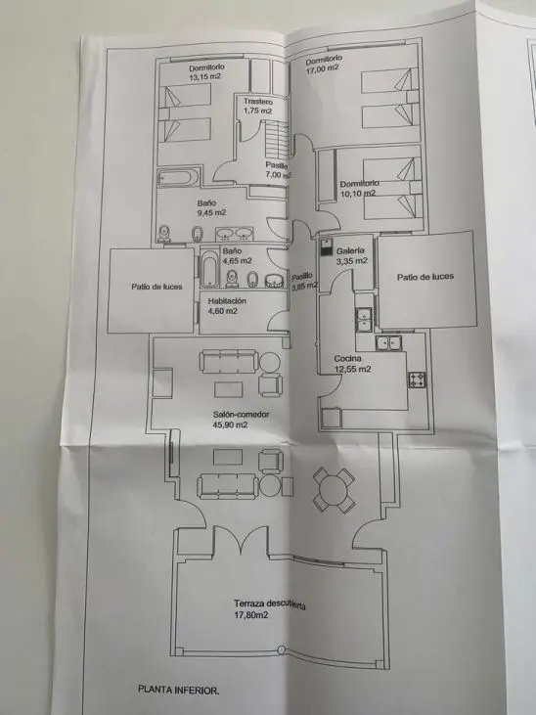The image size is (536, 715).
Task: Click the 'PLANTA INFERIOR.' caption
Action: [x=178, y=690]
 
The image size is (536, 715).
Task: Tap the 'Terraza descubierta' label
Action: [x=270, y=603]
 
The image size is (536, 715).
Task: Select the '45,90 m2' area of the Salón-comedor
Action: [x=231, y=425]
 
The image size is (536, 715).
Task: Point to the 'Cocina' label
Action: [x=347, y=358]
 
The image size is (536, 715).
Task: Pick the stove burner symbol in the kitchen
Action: [x=417, y=380]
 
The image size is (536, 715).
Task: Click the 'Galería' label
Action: [x=350, y=250]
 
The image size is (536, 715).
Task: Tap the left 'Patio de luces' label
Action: [x=156, y=287]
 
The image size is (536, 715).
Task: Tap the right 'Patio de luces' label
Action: [x=425, y=277]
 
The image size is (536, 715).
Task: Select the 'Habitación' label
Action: [x=227, y=301]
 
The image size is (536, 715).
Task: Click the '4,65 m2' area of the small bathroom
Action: [x=237, y=261]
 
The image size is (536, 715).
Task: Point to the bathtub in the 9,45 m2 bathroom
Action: [x=178, y=177]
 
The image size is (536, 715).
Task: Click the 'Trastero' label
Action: [x=258, y=101]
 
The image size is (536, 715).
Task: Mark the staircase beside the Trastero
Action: [x=277, y=139]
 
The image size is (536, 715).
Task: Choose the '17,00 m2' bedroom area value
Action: [x=323, y=68]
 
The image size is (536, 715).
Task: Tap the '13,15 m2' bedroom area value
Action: [x=204, y=76]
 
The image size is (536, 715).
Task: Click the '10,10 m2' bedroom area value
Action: [x=358, y=194]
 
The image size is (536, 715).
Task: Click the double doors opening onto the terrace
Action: [x=241, y=540]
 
